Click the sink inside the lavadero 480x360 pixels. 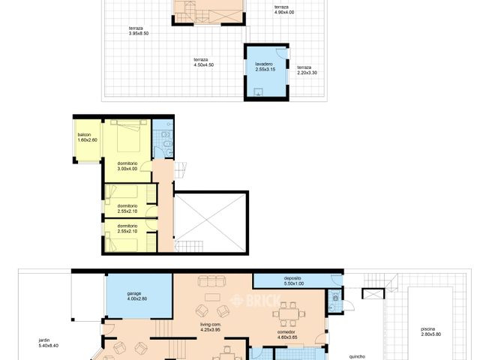(x=259, y=93)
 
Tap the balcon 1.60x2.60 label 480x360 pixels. (x=87, y=137)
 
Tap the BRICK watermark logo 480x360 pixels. (x=247, y=301)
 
